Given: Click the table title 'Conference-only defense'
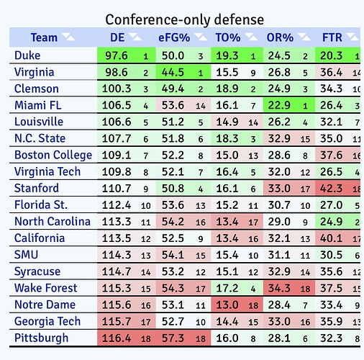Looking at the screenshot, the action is click(185, 19).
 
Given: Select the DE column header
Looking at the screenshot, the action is click(117, 37).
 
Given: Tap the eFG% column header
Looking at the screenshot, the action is click(174, 37).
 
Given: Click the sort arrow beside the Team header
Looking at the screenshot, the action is click(68, 37).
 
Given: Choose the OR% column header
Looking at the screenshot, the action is click(280, 37).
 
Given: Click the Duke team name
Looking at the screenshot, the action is click(27, 55).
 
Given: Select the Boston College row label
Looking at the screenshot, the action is click(53, 155).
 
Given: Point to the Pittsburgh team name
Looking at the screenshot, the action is click(41, 338).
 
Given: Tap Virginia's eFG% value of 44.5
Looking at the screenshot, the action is click(173, 72).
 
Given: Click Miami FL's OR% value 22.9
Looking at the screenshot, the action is click(279, 105).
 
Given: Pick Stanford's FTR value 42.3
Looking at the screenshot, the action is click(331, 189).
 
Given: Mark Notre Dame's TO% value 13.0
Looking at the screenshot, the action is click(227, 305).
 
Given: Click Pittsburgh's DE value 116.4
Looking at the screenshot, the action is click(117, 338).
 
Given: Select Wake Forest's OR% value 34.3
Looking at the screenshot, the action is click(279, 288).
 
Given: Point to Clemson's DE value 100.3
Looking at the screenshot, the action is click(117, 89).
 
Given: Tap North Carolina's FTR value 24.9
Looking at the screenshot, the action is click(331, 222).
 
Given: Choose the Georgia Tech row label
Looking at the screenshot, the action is click(47, 321).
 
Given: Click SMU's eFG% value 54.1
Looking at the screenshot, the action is click(173, 255).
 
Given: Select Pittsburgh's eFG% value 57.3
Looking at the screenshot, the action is click(173, 338).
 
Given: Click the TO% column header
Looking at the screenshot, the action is click(228, 37).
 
